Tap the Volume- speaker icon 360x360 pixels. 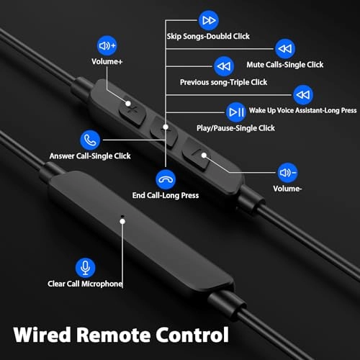tap(287, 173)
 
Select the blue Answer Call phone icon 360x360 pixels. tap(90, 139)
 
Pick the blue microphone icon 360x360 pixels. tap(85, 267)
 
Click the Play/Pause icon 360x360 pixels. tap(236, 112)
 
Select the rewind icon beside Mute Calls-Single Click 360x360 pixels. tap(286, 48)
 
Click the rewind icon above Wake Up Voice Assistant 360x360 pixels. tap(302, 94)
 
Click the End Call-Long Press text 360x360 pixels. tap(166, 195)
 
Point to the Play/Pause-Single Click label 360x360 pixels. tap(235, 127)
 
